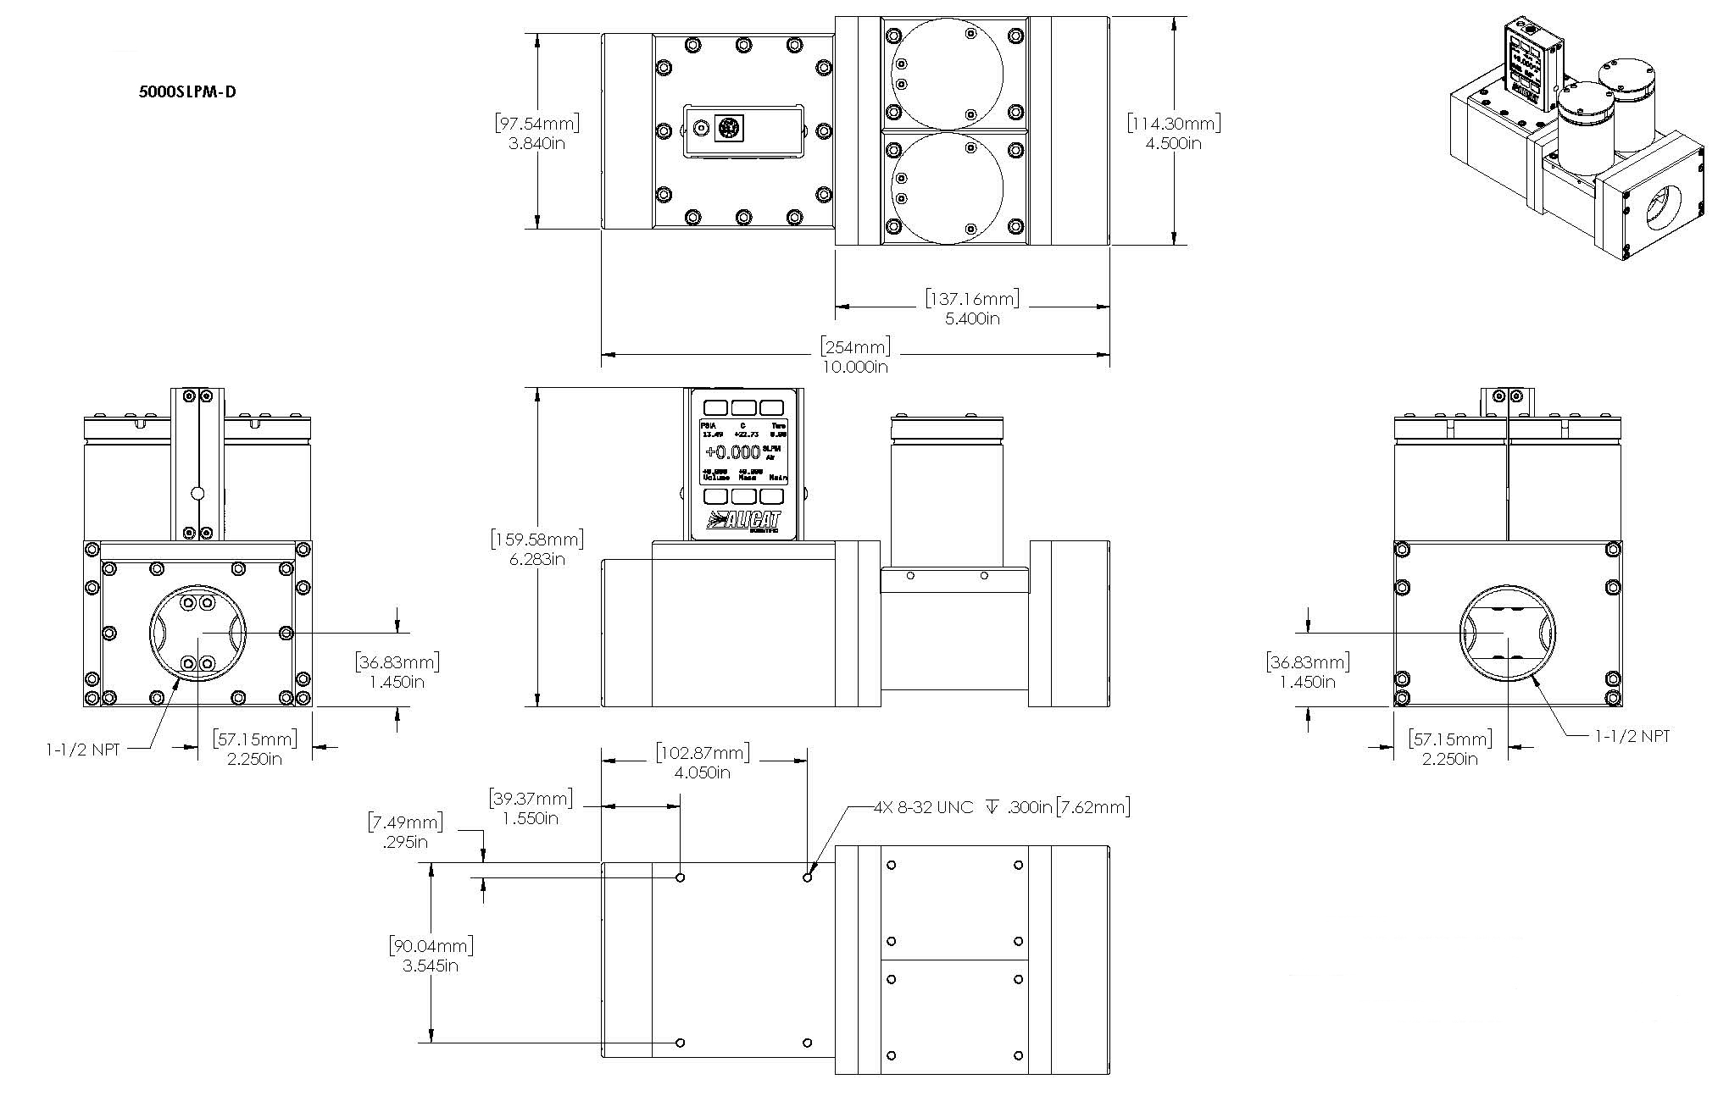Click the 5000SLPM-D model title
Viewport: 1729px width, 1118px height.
(x=187, y=91)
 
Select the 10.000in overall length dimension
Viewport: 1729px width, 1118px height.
(x=855, y=366)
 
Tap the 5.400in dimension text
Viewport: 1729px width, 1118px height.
(x=972, y=318)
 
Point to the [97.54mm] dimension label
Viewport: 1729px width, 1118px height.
(x=536, y=124)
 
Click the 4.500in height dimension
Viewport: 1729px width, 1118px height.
(x=1174, y=143)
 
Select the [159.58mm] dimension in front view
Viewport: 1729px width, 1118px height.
(x=536, y=539)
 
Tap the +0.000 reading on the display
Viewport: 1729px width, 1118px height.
(x=733, y=451)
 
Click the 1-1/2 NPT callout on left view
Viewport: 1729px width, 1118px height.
(x=82, y=749)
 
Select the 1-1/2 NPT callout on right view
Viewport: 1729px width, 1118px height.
(x=1632, y=736)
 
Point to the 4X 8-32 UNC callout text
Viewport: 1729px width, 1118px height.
(x=924, y=807)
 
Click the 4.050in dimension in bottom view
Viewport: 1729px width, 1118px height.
(x=703, y=772)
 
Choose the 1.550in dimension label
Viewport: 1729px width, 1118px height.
(x=531, y=818)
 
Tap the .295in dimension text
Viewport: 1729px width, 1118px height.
(x=404, y=842)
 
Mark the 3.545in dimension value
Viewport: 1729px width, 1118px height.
(x=431, y=966)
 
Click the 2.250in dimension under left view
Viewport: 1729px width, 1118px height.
(x=254, y=758)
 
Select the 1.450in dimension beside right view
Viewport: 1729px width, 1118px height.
(x=1308, y=682)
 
